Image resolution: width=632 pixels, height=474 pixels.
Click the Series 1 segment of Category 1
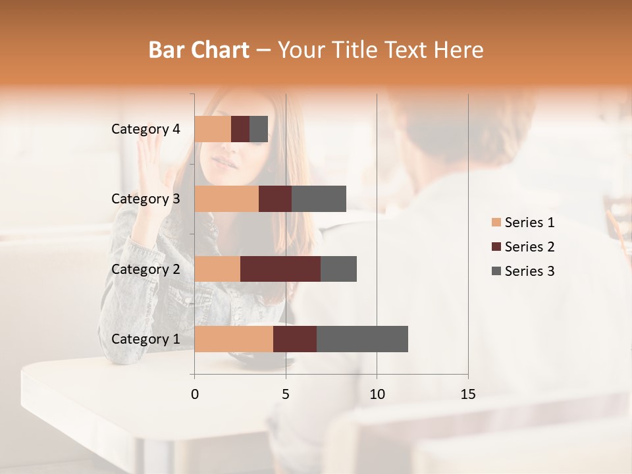coord(234,338)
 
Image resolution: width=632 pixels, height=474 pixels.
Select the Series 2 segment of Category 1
coord(295,338)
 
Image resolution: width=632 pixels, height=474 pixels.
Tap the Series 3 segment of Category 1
coord(362,338)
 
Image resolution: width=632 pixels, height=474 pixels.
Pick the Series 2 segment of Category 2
coord(280,269)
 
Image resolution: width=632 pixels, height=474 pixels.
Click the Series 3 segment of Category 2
coord(338,269)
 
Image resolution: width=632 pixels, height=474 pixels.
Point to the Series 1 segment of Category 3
coord(226,199)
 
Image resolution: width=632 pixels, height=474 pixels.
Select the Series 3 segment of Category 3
coord(319,199)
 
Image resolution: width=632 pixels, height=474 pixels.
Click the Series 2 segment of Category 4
coord(240,129)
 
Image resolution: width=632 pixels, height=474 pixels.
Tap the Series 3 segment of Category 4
coord(259,129)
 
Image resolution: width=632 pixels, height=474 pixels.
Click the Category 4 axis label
coord(145,129)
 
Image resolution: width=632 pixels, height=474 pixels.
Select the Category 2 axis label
coord(145,269)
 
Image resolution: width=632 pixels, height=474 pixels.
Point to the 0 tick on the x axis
coord(195,394)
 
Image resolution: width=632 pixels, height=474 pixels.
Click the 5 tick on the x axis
coord(286,394)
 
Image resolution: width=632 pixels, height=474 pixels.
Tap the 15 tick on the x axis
coord(467,394)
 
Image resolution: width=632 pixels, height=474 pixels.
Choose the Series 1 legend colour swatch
coord(496,223)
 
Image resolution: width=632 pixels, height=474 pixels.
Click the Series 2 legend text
coord(529,247)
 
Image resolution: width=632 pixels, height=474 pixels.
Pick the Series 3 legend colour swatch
coord(496,271)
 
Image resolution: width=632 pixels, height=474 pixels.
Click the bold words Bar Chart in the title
coord(199,50)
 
